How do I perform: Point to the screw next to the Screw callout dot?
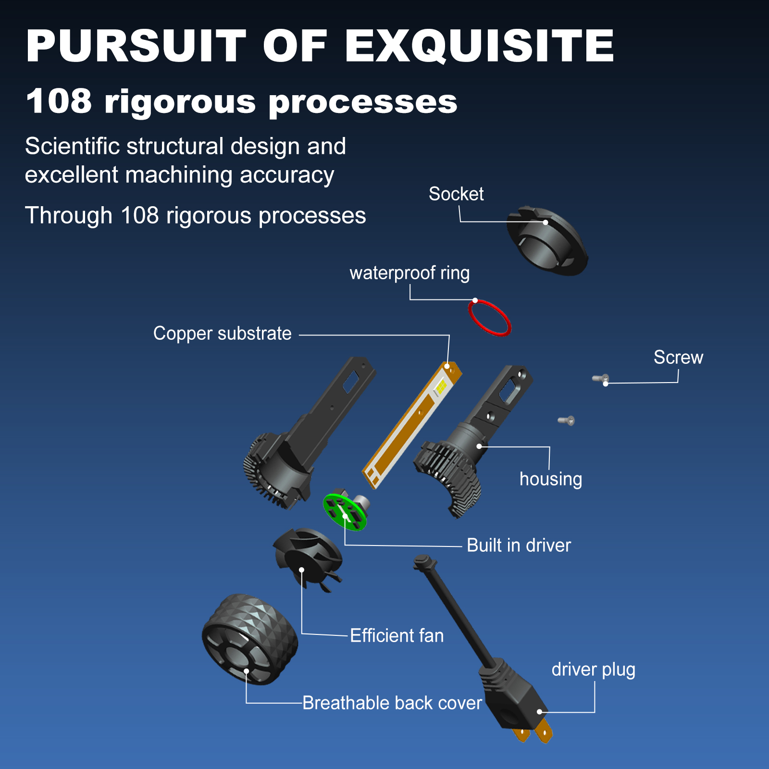pos(601,379)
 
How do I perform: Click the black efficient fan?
pos(308,558)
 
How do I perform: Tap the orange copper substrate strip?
pos(412,425)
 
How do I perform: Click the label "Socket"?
pos(456,194)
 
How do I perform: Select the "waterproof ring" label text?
pos(409,273)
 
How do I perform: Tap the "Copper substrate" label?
pos(222,334)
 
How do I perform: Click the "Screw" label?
pos(678,357)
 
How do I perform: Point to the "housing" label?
pos(551,479)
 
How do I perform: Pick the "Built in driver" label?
pos(519,546)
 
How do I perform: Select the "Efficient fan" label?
pos(397,635)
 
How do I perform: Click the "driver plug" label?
pos(593,670)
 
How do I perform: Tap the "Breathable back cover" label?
pos(392,703)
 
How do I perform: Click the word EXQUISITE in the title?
pos(479,46)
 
